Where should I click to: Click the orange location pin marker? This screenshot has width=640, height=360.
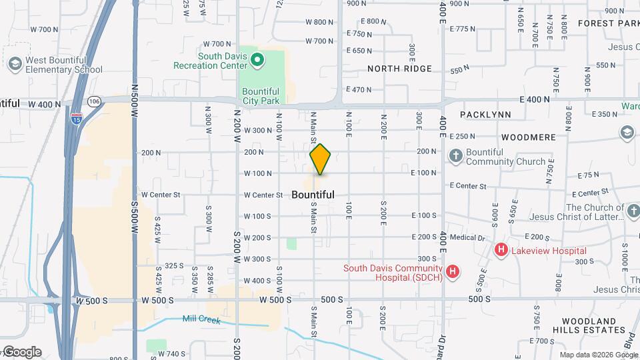(x=321, y=159)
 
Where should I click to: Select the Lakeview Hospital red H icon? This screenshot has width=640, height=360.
(x=501, y=251)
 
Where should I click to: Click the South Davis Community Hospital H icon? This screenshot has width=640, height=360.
(x=453, y=271)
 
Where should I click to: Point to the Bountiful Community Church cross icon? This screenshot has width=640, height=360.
(x=456, y=157)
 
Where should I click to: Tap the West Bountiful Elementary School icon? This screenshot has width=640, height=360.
(x=15, y=64)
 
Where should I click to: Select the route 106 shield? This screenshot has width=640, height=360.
(x=94, y=101)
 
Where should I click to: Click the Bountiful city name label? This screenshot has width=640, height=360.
(x=313, y=195)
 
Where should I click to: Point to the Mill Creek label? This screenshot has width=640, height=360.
(x=201, y=320)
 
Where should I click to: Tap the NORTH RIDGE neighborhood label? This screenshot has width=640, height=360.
(x=399, y=69)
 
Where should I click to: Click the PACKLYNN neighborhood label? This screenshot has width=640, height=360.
(x=485, y=115)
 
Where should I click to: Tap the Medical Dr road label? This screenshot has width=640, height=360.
(x=467, y=237)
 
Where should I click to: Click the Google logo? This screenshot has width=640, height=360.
(x=21, y=352)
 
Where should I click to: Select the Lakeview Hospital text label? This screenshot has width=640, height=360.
(x=549, y=251)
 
